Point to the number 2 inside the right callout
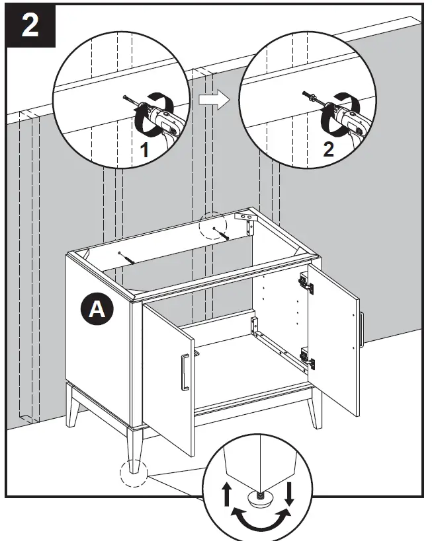[x=329, y=149]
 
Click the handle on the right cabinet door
[x=361, y=328]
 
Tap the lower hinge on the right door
[x=308, y=358]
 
